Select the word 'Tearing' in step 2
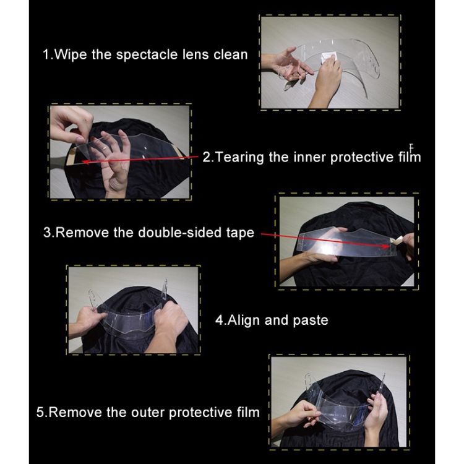pyautogui.click(x=239, y=157)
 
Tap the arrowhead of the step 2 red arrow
pyautogui.click(x=86, y=162)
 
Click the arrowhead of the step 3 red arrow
pyautogui.click(x=386, y=246)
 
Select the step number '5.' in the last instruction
pyautogui.click(x=42, y=413)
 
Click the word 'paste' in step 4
pyautogui.click(x=311, y=320)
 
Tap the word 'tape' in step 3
pyautogui.click(x=240, y=233)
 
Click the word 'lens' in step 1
pyautogui.click(x=195, y=54)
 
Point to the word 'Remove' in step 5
pyautogui.click(x=75, y=413)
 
